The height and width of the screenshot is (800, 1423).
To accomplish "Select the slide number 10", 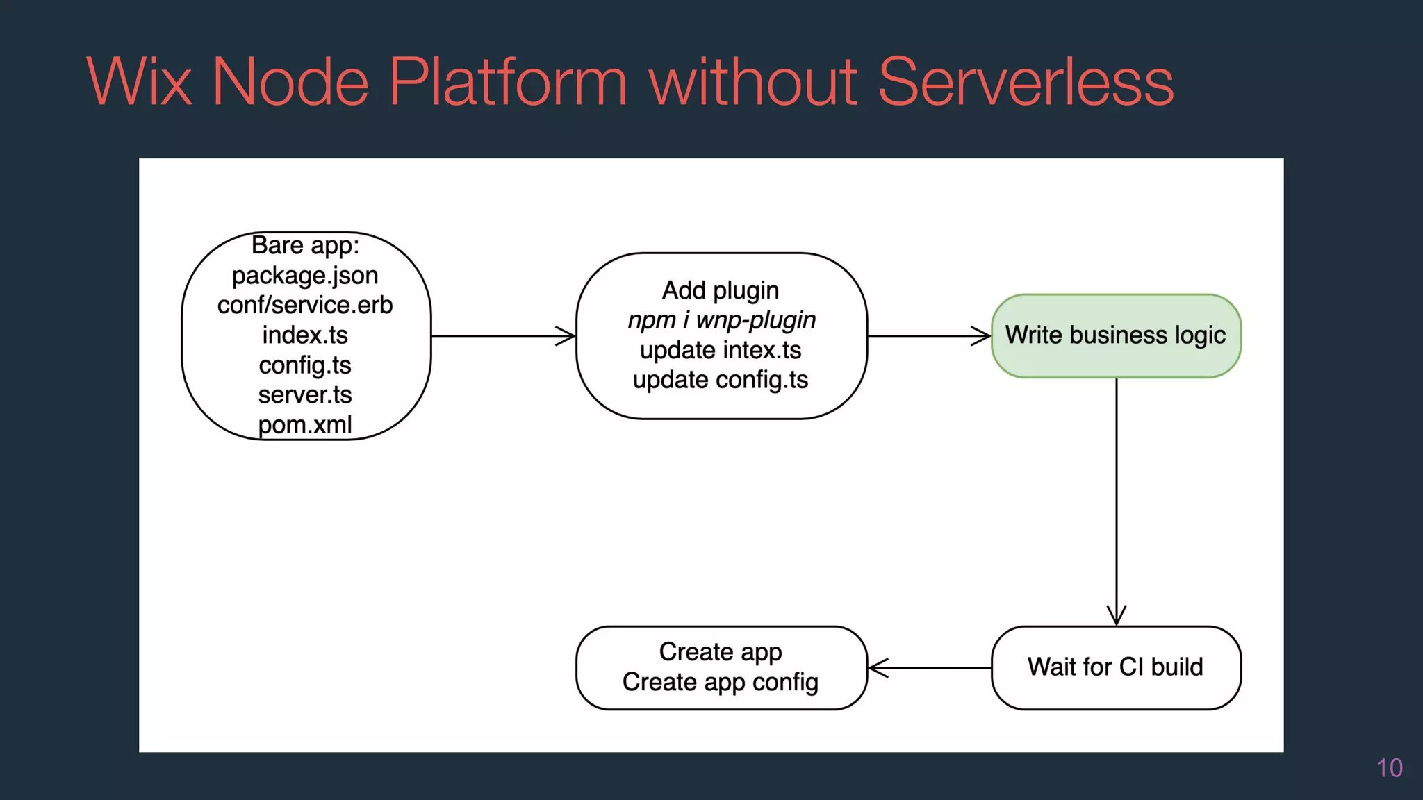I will tap(1389, 768).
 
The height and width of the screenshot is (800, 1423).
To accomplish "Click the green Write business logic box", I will tap(1115, 335).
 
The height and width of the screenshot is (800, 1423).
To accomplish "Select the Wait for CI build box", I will tap(1115, 667).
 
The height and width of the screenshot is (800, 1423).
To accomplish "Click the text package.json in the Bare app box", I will tap(305, 276).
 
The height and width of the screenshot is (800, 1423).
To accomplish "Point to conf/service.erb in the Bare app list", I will tap(305, 306).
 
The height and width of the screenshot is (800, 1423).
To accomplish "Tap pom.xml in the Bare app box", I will tap(305, 424).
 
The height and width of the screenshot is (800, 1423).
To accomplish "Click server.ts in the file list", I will tap(305, 395).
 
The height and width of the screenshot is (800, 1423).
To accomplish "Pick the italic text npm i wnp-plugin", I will tap(721, 320).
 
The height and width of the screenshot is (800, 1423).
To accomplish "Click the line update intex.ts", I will tap(721, 350).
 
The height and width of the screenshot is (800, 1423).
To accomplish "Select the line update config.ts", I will tap(721, 380).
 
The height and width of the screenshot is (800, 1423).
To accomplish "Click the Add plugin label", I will tap(721, 290).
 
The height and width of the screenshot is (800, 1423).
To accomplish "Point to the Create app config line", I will tap(721, 682).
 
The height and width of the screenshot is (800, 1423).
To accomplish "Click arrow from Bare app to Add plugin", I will tap(503, 336).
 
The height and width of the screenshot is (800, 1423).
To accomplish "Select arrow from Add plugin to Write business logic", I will tap(929, 336).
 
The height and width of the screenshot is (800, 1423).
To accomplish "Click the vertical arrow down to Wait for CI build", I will tap(1116, 500).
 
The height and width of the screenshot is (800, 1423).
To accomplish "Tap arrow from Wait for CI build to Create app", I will tap(930, 668).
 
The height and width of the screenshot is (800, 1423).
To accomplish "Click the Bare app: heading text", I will tap(305, 246).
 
